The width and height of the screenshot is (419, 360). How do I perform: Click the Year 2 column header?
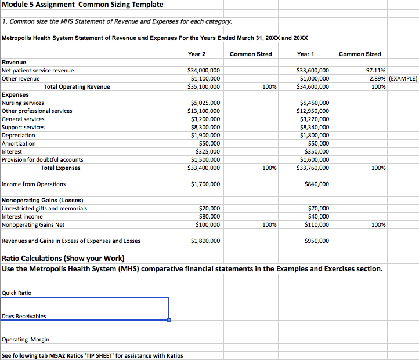[x=197, y=54]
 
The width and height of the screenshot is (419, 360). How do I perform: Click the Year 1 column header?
[x=305, y=54]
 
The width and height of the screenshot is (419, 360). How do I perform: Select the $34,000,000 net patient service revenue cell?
[x=201, y=70]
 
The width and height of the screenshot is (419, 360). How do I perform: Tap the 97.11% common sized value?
[x=376, y=70]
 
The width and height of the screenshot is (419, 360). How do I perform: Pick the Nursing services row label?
[x=23, y=103]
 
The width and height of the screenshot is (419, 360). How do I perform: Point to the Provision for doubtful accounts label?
[x=42, y=159]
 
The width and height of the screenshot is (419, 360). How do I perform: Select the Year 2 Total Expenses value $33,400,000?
[x=201, y=168]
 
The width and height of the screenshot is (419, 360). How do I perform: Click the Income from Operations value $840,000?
[x=316, y=184]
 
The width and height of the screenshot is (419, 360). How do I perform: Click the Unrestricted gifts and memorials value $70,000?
[x=318, y=208]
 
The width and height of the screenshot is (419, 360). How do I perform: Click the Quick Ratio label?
[x=17, y=293]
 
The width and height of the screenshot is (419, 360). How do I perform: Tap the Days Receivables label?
[x=24, y=316]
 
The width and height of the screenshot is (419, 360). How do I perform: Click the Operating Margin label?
[x=26, y=339]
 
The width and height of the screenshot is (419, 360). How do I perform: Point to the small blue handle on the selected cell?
[x=169, y=319]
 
